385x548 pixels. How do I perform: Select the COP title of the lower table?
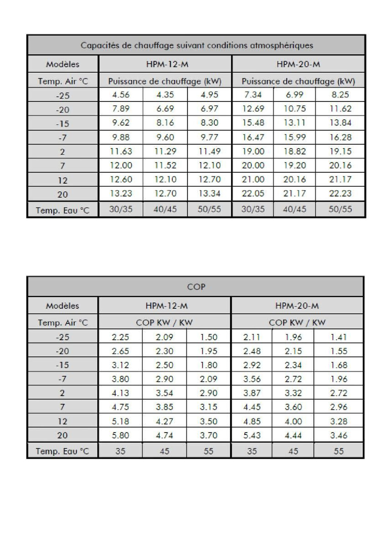pyautogui.click(x=196, y=287)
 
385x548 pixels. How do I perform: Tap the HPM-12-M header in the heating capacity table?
pyautogui.click(x=167, y=64)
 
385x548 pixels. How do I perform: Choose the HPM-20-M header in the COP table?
pyautogui.click(x=297, y=305)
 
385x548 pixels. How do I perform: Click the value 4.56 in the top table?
pyautogui.click(x=121, y=95)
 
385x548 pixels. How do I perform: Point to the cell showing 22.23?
pyautogui.click(x=340, y=193)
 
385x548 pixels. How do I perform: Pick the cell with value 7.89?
pyautogui.click(x=121, y=108)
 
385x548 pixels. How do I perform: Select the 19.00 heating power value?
pyautogui.click(x=253, y=151)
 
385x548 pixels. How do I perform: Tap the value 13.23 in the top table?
pyautogui.click(x=121, y=193)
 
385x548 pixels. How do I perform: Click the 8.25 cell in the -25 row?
pyautogui.click(x=340, y=95)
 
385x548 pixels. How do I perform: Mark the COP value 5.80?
pyautogui.click(x=120, y=435)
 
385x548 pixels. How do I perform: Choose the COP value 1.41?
pyautogui.click(x=338, y=337)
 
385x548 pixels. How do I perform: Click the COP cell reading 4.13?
pyautogui.click(x=120, y=393)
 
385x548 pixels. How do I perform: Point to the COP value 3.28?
pyautogui.click(x=338, y=421)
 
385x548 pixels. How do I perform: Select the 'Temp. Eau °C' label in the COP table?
pyautogui.click(x=62, y=451)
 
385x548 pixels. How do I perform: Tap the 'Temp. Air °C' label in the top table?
pyautogui.click(x=63, y=81)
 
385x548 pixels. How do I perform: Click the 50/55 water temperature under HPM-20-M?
pyautogui.click(x=340, y=209)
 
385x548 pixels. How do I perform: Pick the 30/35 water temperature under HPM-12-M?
pyautogui.click(x=121, y=209)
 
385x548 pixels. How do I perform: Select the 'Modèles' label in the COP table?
pyautogui.click(x=63, y=305)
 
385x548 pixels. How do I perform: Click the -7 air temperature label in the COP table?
pyautogui.click(x=62, y=379)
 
